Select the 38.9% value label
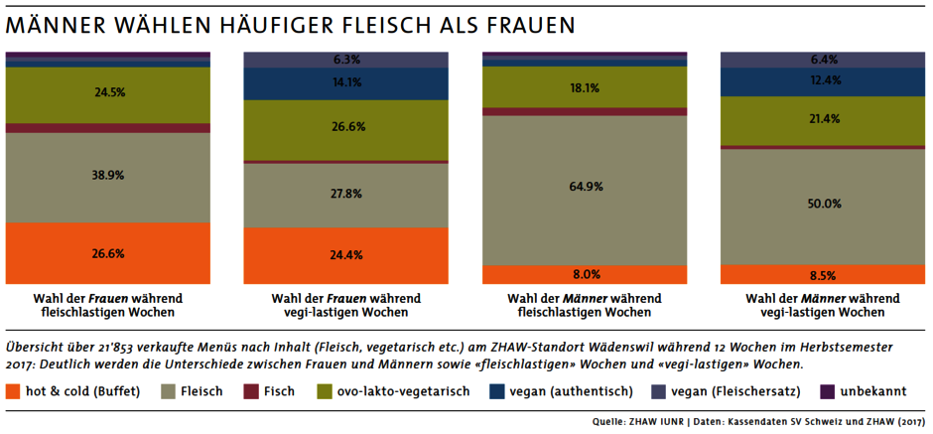pyautogui.click(x=107, y=174)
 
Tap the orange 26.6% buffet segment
pyautogui.click(x=107, y=253)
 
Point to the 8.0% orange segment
pyautogui.click(x=585, y=275)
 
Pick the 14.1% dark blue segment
pyautogui.click(x=346, y=83)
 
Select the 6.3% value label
pyautogui.click(x=346, y=60)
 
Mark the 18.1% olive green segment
pyautogui.click(x=585, y=87)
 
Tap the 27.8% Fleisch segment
pyautogui.click(x=346, y=194)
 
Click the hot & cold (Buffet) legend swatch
pyautogui.click(x=13, y=391)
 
